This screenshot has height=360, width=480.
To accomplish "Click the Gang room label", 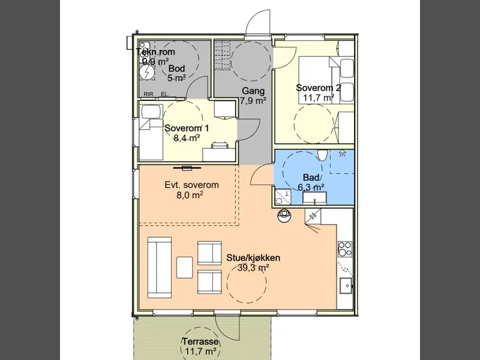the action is point(253,91).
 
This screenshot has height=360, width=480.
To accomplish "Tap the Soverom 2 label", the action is point(319,88).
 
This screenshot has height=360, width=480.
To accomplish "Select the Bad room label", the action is point(313,177).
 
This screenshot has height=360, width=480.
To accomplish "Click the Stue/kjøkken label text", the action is point(253,258).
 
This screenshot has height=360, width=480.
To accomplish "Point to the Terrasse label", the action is point(200,341).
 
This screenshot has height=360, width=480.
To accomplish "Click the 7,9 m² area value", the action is point(253,101).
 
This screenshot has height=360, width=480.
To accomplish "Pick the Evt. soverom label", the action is point(191,185).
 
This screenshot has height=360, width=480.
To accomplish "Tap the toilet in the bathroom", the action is point(322,155).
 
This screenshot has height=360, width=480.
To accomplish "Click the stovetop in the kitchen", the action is point(344,249).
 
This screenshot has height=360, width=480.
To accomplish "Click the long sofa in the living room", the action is point(159,267).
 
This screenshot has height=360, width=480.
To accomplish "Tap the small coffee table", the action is point(185,267).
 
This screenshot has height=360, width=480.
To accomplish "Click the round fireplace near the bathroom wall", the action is point(284,215).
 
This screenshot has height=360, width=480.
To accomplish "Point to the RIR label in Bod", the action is point(148,94).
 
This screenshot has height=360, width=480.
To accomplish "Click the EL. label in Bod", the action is point(165,94).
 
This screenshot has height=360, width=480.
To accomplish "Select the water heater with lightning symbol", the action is point(146,72).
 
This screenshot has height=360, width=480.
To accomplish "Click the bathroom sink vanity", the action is point(314,198).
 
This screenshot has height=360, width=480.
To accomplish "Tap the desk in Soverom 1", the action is point(219,154).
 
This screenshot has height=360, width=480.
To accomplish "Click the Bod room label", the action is point(176,68).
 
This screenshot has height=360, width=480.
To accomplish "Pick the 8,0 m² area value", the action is point(190,194).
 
